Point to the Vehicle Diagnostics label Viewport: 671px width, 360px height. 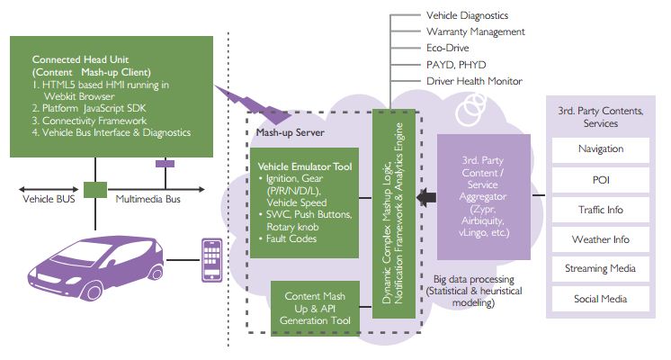coord(467,15)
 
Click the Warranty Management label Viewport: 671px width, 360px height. coord(474,32)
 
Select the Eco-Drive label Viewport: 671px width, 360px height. coord(448,49)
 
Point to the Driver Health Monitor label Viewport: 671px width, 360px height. coord(473,82)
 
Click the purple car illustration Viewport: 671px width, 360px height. coord(90,261)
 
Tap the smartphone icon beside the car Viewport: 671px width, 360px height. coord(212,256)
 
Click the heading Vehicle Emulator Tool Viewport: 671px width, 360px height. coord(303,166)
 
